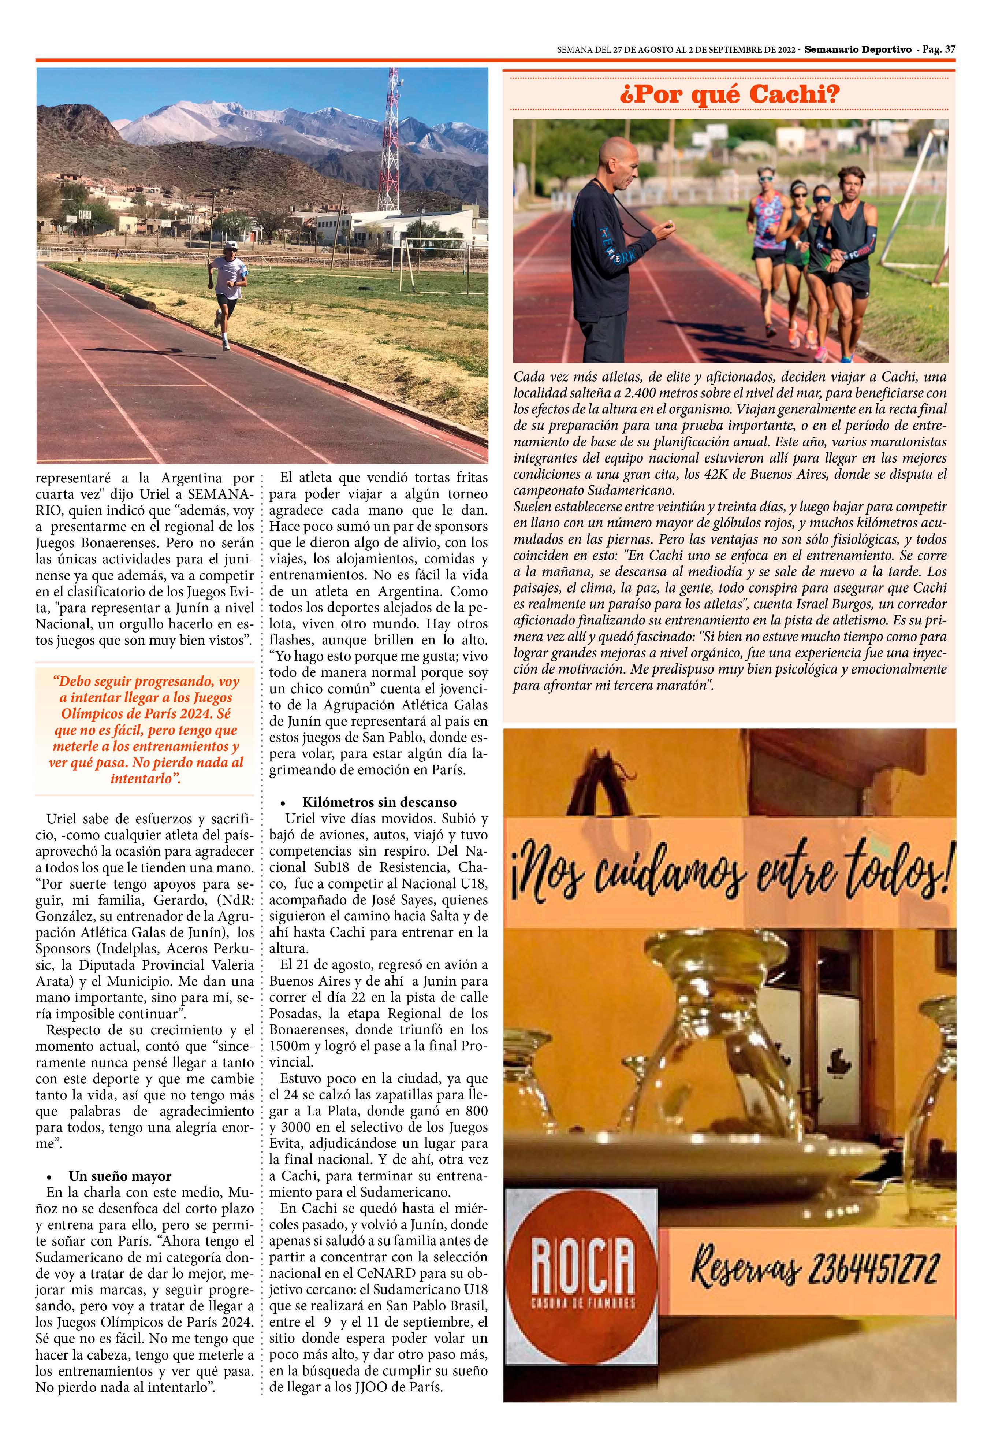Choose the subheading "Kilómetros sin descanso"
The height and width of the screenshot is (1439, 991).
click(x=379, y=802)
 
